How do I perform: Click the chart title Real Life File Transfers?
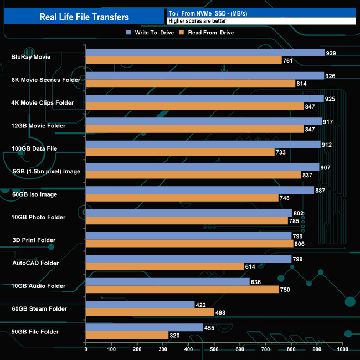point(84,17)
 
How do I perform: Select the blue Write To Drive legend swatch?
point(128,33)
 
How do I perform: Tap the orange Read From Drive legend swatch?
point(182,33)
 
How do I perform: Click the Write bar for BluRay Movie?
point(205,53)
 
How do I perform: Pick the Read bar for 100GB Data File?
point(180,152)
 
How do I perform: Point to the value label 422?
point(202,304)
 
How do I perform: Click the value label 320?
point(176,335)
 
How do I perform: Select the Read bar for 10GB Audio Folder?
point(182,289)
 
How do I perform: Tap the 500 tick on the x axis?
point(214,349)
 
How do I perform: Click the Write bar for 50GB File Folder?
point(145,327)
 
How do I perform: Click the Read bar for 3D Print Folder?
point(189,243)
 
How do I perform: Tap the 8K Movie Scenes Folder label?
point(45,80)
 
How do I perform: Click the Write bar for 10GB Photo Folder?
point(189,213)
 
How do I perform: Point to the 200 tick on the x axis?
point(137,349)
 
